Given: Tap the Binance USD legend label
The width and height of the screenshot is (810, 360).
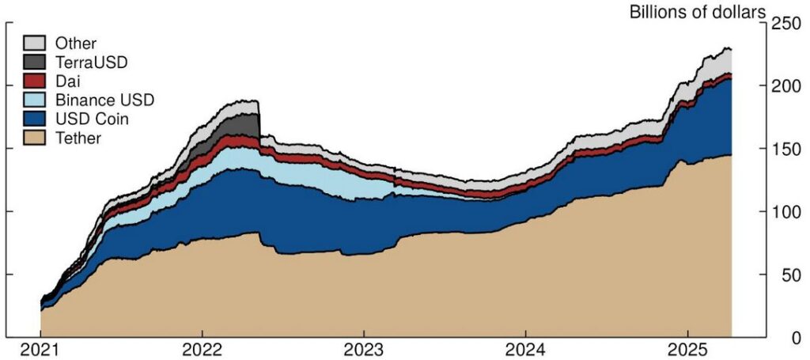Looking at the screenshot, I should tap(104, 100).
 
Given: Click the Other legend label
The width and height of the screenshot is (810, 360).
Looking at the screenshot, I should tap(75, 44).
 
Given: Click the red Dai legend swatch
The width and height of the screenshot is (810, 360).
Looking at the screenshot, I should tap(33, 81).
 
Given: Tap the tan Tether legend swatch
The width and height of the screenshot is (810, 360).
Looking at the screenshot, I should tap(33, 138).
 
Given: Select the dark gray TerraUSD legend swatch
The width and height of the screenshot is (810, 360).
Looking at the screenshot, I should tap(33, 63).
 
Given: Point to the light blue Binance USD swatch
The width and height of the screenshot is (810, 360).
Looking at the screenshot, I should tap(33, 100).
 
